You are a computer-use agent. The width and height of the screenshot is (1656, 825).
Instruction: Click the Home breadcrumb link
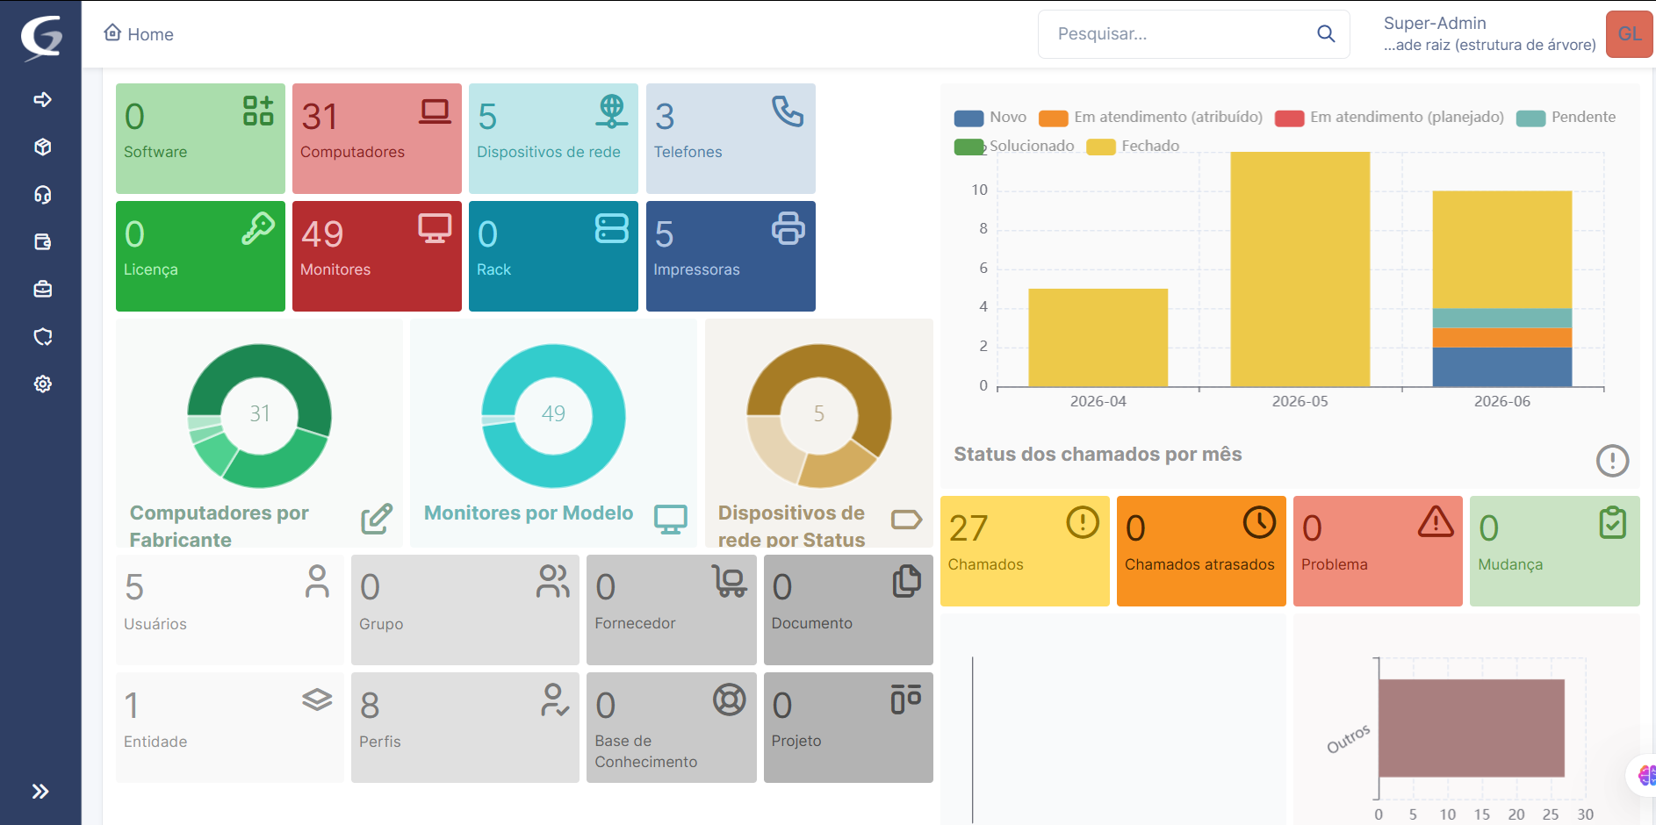tap(139, 34)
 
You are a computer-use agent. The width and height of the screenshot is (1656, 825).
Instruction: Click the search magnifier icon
tap(1326, 34)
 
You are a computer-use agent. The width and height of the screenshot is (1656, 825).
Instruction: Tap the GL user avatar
tap(1630, 34)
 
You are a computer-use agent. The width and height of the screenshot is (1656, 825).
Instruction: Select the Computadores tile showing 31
tap(377, 139)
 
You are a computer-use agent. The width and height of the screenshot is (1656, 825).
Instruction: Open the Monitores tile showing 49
tap(377, 256)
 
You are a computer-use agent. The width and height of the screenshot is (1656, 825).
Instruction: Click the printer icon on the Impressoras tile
tap(788, 228)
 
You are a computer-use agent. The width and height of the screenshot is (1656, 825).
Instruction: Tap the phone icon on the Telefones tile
tap(788, 111)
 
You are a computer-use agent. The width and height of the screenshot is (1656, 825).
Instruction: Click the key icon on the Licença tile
tap(258, 228)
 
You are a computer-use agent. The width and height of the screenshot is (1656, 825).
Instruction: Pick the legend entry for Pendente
tap(1566, 118)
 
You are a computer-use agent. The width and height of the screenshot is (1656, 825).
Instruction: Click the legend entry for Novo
tap(990, 118)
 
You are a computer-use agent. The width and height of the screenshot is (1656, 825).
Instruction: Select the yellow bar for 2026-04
tap(1098, 338)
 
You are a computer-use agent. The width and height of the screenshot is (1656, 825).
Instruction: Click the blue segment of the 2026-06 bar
tap(1502, 367)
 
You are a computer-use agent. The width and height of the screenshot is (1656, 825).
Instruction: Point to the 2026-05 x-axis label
tap(1300, 401)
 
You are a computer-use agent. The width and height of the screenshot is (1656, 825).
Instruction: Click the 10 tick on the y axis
tap(979, 190)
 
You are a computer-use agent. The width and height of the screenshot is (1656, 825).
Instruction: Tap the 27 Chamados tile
tap(1025, 551)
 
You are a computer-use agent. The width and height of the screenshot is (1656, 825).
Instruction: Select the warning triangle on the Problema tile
tap(1436, 521)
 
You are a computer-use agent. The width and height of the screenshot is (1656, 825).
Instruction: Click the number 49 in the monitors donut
tap(553, 413)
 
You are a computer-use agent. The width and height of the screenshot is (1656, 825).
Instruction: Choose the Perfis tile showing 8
tap(465, 728)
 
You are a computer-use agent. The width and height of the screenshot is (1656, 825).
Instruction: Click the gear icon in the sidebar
tap(42, 384)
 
